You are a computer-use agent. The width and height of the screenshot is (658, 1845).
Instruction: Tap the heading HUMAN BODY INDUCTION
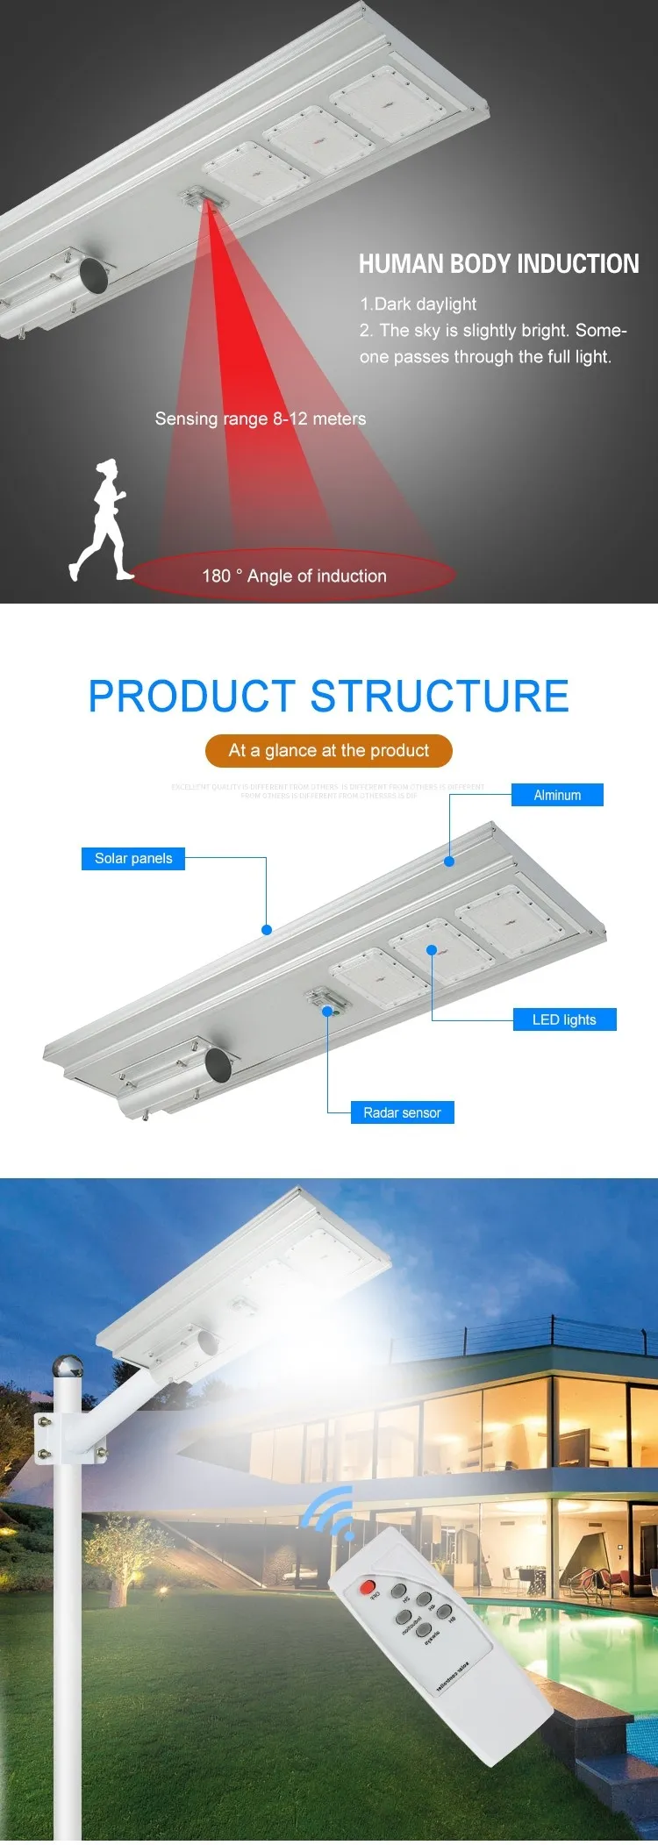498,264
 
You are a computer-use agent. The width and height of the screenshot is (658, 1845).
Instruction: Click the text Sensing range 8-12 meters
261,418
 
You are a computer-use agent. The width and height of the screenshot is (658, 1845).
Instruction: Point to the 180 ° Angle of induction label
294,576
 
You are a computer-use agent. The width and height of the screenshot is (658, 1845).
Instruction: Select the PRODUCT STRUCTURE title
329,697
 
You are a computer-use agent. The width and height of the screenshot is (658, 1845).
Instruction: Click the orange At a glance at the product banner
329,750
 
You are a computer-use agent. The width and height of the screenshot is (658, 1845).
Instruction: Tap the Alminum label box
557,795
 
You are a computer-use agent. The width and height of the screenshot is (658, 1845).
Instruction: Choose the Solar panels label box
133,858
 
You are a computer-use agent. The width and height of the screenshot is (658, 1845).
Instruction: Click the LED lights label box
564,1019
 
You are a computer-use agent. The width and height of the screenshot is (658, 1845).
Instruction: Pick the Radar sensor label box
402,1112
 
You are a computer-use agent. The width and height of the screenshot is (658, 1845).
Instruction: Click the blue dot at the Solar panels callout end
267,930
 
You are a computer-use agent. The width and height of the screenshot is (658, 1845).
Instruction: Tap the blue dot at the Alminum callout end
449,862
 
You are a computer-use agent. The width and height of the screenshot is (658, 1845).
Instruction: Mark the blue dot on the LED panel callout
432,950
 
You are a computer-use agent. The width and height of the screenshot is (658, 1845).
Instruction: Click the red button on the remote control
368,1587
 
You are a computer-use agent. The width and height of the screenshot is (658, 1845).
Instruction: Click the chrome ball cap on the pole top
68,1367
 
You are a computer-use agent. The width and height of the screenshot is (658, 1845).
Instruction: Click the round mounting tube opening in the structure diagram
218,1065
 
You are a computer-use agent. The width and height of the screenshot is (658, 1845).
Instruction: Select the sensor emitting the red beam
204,197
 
